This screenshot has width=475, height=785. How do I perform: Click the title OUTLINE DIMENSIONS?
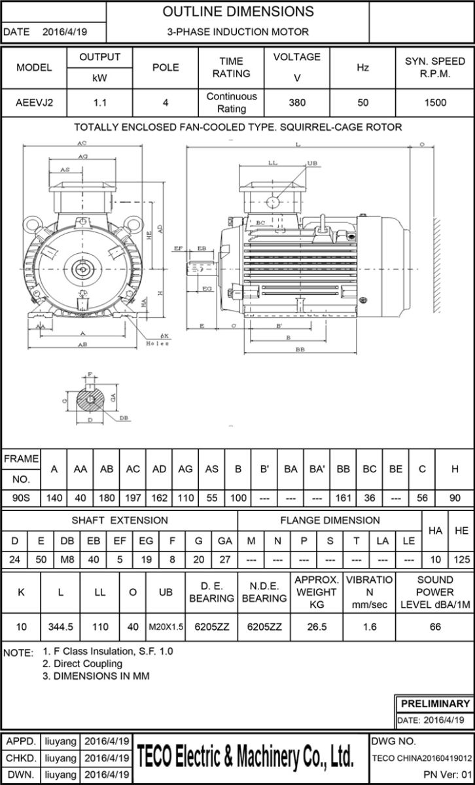(237, 12)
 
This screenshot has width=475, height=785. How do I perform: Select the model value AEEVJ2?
(34, 102)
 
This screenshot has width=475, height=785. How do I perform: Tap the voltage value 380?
(297, 102)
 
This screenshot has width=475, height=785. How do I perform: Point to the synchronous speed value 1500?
(435, 102)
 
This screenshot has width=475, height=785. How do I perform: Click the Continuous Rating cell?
(232, 102)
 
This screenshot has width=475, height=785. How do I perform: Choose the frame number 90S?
(22, 498)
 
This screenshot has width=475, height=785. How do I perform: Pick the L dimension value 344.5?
(61, 627)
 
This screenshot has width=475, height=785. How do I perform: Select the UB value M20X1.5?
(166, 627)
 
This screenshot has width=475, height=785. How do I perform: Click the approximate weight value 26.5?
(317, 627)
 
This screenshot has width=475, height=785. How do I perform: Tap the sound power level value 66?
(435, 627)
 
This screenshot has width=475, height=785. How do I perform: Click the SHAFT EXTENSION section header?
(120, 521)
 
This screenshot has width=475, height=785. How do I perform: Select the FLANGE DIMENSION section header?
(330, 521)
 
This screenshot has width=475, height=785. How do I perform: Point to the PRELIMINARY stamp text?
(434, 704)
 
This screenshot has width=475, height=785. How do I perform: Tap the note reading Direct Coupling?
(82, 664)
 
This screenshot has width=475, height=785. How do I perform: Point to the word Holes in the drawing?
(158, 343)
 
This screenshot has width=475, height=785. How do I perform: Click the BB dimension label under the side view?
(300, 350)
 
